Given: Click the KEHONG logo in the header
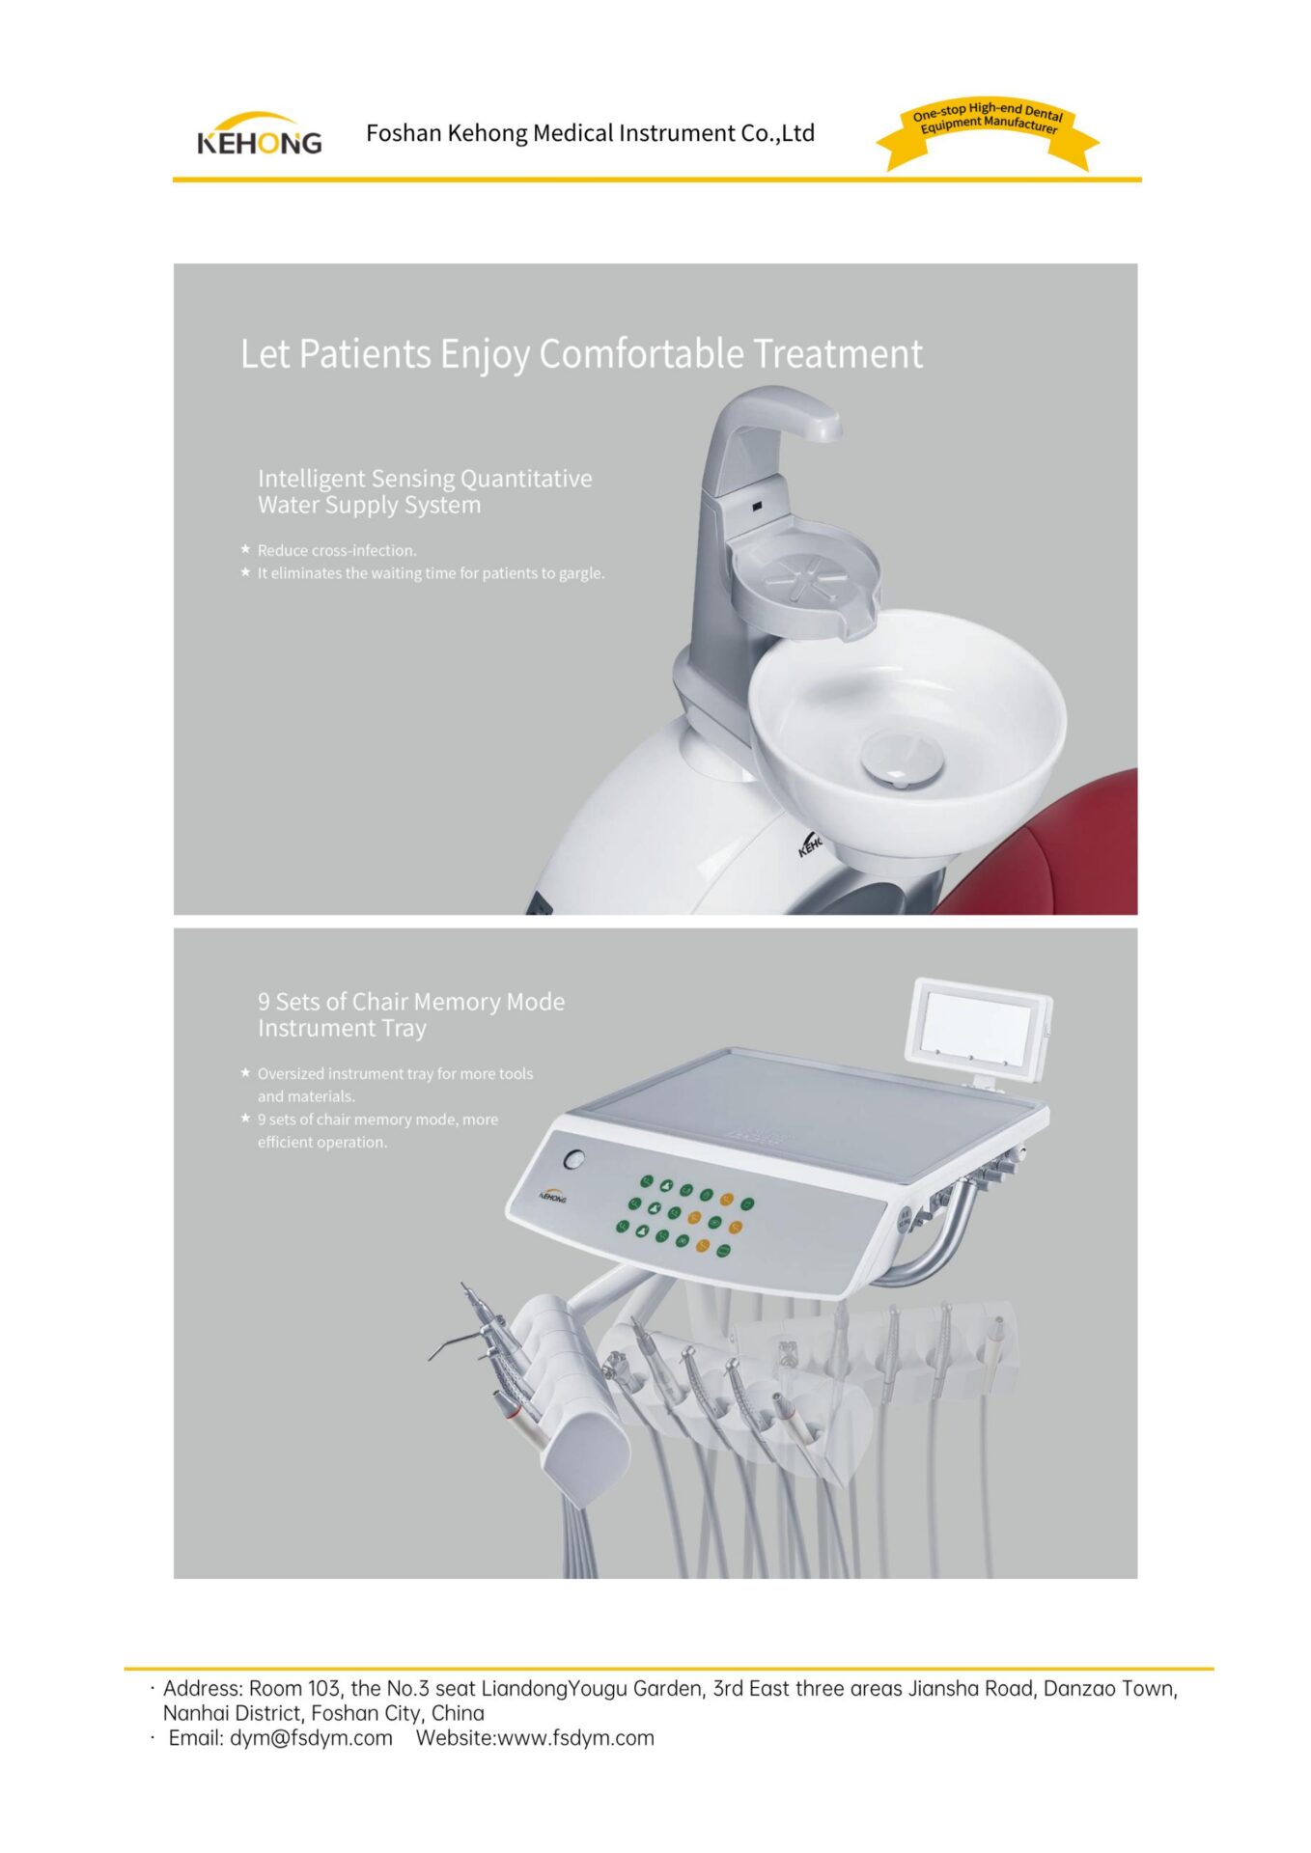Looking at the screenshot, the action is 259,134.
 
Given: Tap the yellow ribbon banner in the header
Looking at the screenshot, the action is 988,133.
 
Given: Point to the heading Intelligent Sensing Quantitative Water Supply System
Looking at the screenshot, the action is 425,491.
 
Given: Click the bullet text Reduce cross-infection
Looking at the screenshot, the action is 337,550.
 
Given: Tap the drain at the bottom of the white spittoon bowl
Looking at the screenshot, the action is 903,758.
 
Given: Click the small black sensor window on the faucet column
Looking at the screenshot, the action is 758,505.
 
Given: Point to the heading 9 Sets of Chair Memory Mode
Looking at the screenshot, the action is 411,1002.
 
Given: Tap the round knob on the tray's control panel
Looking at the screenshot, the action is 575,1159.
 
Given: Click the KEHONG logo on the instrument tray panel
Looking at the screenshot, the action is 552,1196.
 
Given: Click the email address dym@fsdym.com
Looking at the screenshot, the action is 311,1738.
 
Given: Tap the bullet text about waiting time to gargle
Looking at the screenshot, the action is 431,573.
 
